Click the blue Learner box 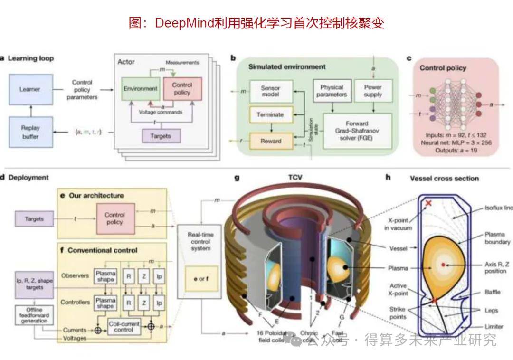click(x=29, y=89)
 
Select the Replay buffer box click(x=29, y=132)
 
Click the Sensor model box click(x=270, y=92)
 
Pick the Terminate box click(x=270, y=114)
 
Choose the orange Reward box click(x=270, y=141)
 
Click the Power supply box click(x=373, y=91)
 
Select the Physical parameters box click(x=332, y=91)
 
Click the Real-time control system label click(x=200, y=242)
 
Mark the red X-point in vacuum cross click(x=428, y=203)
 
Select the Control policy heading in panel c click(x=443, y=68)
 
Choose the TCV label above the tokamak click(x=294, y=178)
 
